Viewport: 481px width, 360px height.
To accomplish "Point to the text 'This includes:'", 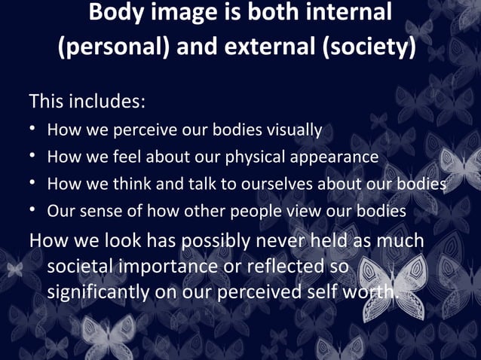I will click(87, 99).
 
